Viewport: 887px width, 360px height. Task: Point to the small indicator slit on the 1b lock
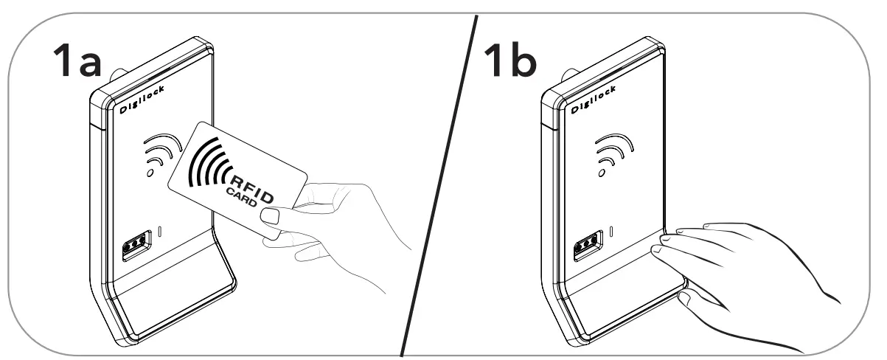[611, 233]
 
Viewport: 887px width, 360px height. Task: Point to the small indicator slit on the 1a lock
[161, 233]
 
